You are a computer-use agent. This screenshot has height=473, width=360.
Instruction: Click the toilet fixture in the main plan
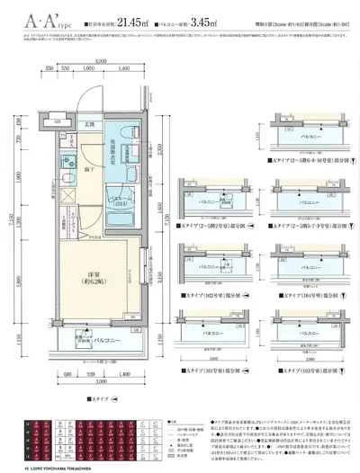[x=67, y=162]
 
